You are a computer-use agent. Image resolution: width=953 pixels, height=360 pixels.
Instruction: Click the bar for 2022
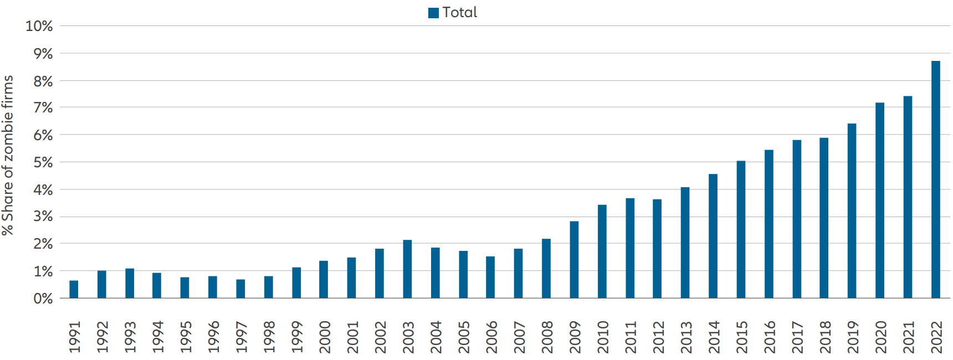[935, 180]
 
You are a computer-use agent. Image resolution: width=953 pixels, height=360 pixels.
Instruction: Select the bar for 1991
[74, 290]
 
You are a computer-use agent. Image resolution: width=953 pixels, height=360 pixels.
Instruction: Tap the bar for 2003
[407, 269]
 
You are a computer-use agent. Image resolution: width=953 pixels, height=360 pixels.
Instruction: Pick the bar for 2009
[574, 260]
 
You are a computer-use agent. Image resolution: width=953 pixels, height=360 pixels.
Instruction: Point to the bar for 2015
[741, 230]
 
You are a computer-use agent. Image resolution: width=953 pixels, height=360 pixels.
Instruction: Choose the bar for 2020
[880, 200]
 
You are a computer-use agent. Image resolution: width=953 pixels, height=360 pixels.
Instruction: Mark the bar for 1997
[240, 289]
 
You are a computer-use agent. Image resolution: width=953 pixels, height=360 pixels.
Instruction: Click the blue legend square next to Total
[433, 13]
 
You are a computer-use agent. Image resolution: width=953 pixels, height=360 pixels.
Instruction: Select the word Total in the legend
[460, 12]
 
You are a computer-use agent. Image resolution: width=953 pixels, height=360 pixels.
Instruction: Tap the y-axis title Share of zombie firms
[8, 156]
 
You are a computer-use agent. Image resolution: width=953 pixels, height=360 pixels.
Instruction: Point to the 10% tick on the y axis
[39, 26]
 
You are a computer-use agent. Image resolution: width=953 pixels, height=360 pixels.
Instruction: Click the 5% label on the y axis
[43, 162]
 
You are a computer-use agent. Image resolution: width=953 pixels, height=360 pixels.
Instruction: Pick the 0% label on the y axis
[43, 299]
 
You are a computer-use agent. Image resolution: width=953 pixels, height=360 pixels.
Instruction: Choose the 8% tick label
[43, 81]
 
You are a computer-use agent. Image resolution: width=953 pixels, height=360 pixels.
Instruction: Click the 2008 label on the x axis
[547, 337]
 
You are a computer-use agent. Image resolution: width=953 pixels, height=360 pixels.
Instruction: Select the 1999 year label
[297, 337]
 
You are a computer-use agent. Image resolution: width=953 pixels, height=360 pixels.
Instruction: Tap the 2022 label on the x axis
[936, 337]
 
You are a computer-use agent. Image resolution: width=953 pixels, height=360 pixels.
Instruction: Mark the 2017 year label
[797, 337]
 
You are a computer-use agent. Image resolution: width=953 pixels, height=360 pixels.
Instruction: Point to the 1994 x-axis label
[158, 337]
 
